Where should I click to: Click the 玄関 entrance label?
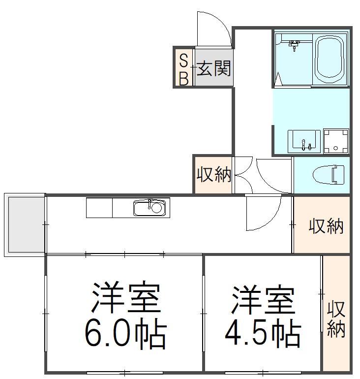click(x=213, y=68)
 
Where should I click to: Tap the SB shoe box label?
click(x=184, y=69)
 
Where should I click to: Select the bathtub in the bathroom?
click(x=330, y=59)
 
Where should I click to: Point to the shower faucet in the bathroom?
click(x=294, y=45)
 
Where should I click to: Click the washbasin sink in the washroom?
click(x=304, y=141)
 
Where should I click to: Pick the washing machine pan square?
click(x=336, y=141)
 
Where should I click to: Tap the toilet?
click(x=329, y=175)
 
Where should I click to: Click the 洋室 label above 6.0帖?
click(x=126, y=297)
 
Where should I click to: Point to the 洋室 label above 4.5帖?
click(x=263, y=299)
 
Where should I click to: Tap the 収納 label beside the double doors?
click(x=214, y=174)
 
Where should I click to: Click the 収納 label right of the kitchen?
click(x=326, y=226)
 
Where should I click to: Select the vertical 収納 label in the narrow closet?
click(x=336, y=319)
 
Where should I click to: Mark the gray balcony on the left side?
click(x=25, y=224)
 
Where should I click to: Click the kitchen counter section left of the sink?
click(x=99, y=208)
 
